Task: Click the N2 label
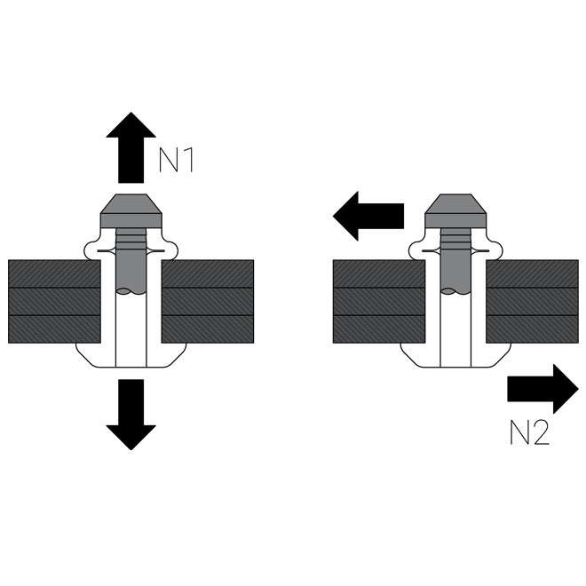click(x=529, y=432)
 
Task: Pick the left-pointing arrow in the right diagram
click(x=368, y=216)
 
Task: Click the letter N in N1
click(x=167, y=159)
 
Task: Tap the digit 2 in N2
click(x=540, y=432)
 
